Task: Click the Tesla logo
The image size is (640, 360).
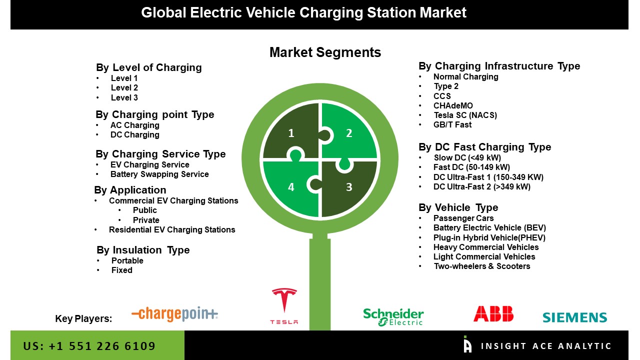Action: pyautogui.click(x=284, y=306)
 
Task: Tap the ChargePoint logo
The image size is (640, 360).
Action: pyautogui.click(x=174, y=314)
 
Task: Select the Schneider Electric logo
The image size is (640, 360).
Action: pyautogui.click(x=393, y=316)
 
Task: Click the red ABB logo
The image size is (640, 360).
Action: pyautogui.click(x=493, y=313)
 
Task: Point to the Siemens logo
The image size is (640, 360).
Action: pyautogui.click(x=574, y=317)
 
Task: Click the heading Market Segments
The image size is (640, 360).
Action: pyautogui.click(x=325, y=52)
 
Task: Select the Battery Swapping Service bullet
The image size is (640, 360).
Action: pyautogui.click(x=159, y=174)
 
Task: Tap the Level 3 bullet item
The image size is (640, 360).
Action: pyautogui.click(x=124, y=98)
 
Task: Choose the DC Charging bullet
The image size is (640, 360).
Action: pyautogui.click(x=135, y=135)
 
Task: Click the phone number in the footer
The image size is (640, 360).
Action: pyautogui.click(x=89, y=346)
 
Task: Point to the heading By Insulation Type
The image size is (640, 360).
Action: pyautogui.click(x=143, y=250)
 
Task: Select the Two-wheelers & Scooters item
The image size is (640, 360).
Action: pyautogui.click(x=481, y=266)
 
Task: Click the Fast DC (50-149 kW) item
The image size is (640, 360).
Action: pyautogui.click(x=471, y=167)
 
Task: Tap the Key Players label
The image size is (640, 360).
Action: pyautogui.click(x=83, y=319)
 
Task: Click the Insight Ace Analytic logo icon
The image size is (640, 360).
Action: pyautogui.click(x=467, y=344)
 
